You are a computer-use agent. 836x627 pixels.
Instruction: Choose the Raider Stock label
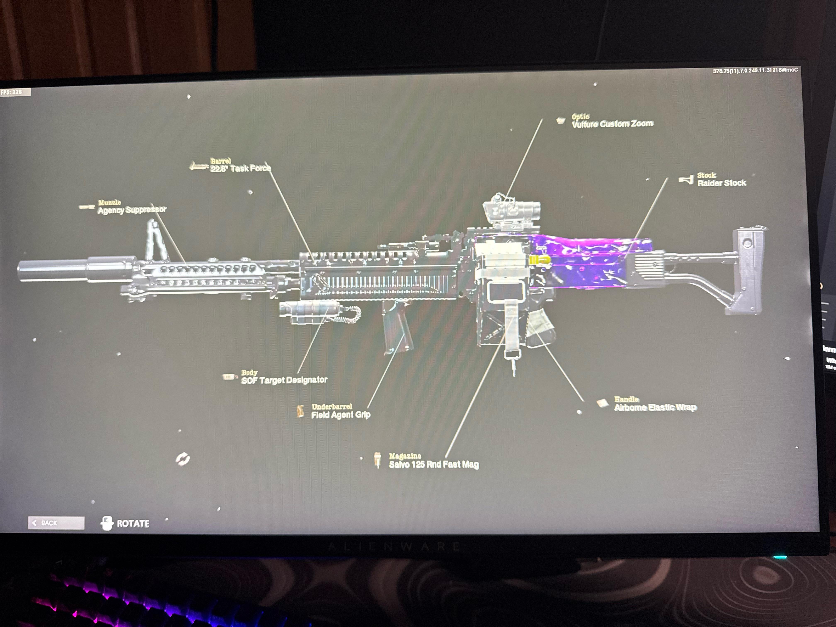722,183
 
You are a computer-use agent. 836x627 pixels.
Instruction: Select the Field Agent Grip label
340,415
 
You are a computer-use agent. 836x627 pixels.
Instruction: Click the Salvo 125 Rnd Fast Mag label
434,464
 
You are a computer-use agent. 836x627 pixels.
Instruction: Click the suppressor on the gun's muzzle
53,270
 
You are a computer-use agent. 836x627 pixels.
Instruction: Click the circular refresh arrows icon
182,459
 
